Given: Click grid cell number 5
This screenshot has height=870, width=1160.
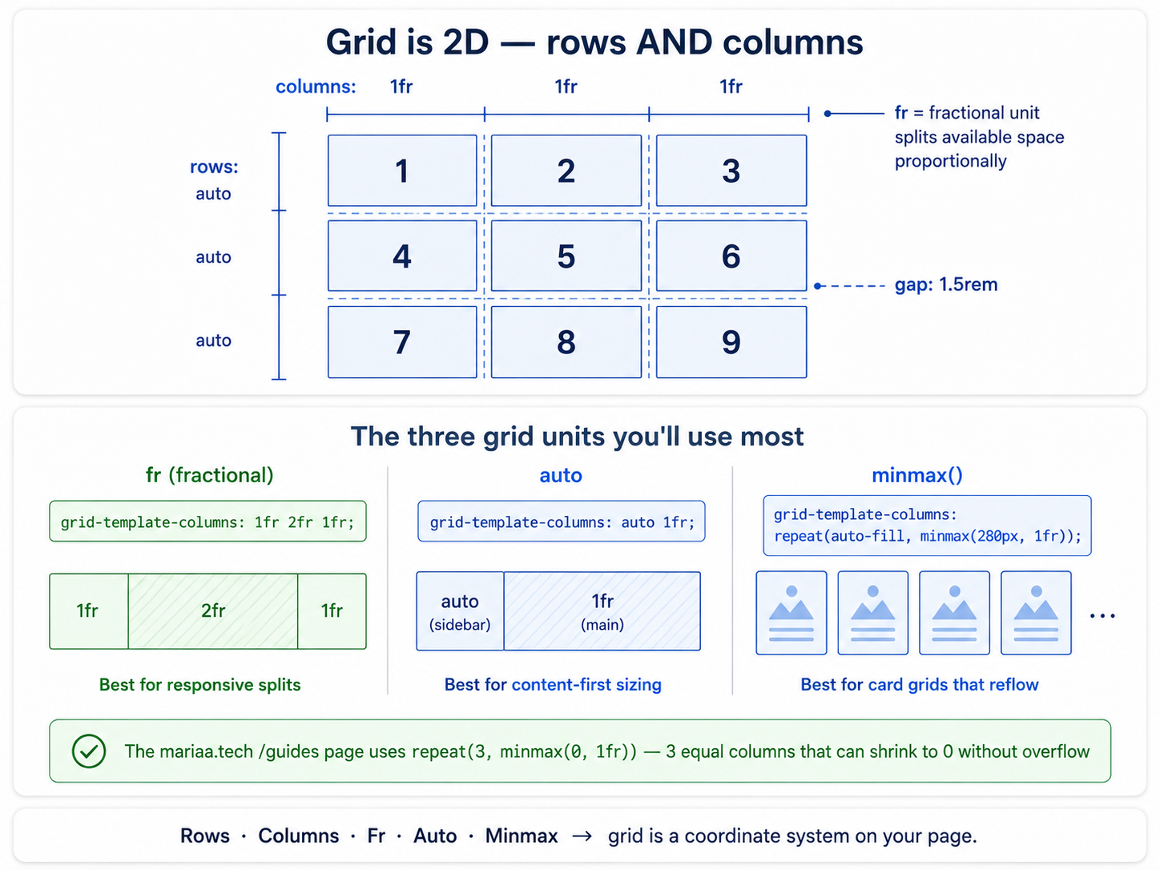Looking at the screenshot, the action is click(x=566, y=256).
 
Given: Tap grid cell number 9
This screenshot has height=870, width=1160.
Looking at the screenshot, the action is click(x=731, y=342).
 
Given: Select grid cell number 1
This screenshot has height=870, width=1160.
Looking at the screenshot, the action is click(x=402, y=170).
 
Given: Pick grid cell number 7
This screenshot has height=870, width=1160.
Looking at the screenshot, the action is click(x=402, y=342).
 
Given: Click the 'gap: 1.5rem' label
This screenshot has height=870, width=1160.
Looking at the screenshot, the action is click(x=946, y=284).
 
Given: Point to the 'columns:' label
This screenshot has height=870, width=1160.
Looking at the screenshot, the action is click(x=316, y=87).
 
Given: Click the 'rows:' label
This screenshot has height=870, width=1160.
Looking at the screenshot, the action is click(x=214, y=167).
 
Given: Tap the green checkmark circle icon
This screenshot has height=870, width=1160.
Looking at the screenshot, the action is click(x=89, y=751).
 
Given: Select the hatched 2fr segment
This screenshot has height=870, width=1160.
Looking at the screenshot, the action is click(x=213, y=611).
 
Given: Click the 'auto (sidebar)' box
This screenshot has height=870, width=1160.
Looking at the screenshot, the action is click(x=460, y=611).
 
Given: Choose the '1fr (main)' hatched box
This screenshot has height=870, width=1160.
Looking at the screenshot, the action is click(x=602, y=611).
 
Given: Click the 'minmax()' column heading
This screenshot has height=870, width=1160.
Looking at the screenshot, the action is click(x=917, y=475).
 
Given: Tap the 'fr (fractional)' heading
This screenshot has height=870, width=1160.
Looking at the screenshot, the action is click(x=209, y=475).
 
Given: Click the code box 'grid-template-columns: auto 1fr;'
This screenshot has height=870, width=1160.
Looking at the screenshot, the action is click(x=562, y=522).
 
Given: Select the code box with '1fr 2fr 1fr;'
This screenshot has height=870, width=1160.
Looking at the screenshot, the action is click(x=207, y=522).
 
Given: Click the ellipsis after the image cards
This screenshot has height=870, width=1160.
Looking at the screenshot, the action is click(x=1102, y=616).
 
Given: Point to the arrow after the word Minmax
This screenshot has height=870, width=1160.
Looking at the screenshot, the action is click(x=582, y=836).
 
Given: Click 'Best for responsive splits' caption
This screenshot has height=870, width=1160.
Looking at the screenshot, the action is click(x=199, y=685).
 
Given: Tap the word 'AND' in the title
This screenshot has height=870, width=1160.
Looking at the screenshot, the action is click(x=675, y=42).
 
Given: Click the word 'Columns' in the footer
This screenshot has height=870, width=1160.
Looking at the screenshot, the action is click(x=299, y=836).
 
